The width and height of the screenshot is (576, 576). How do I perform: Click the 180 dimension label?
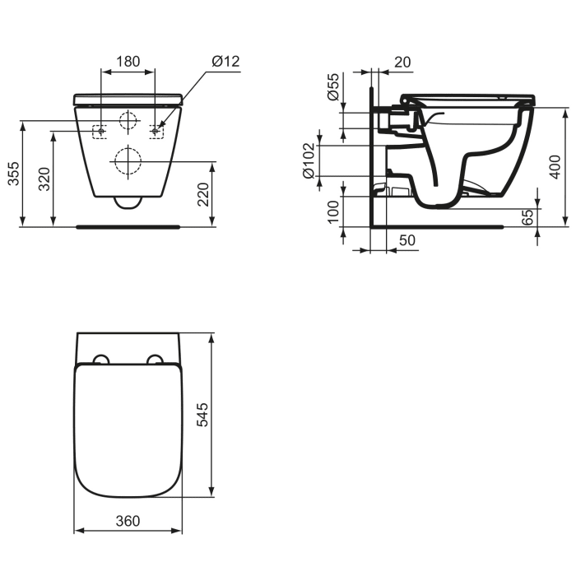[x=128, y=61]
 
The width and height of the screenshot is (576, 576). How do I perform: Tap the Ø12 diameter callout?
[x=225, y=61]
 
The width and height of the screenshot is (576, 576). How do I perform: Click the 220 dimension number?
[x=203, y=195]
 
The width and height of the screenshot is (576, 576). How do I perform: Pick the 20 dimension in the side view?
[x=402, y=61]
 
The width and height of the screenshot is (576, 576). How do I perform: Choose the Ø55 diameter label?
[x=332, y=86]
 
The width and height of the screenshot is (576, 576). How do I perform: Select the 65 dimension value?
[x=527, y=218]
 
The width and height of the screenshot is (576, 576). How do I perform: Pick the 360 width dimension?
[x=128, y=520]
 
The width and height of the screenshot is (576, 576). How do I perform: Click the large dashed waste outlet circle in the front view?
[x=128, y=160]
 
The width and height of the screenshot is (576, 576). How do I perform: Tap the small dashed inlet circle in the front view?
[x=128, y=120]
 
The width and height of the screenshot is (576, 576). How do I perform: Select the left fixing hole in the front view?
[x=100, y=130]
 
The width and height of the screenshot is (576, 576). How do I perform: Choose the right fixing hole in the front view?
[x=155, y=130]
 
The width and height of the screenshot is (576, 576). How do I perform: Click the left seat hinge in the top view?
[x=100, y=360]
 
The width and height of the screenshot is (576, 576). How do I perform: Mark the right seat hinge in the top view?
[x=155, y=360]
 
